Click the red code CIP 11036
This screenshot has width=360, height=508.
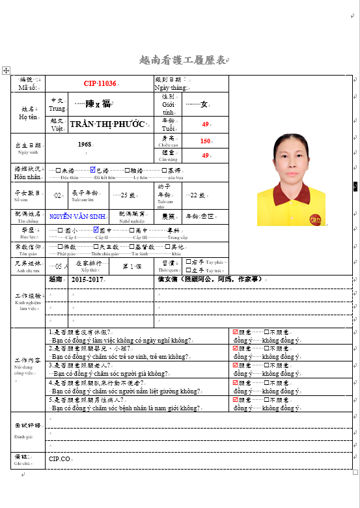100,83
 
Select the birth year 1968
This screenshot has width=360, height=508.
85,144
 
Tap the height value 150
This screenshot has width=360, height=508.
205,141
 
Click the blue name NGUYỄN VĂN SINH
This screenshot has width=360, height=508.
77,216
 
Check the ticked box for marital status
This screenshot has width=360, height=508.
93,169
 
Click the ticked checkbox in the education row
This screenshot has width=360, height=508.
95,230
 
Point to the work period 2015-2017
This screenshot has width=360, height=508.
87,279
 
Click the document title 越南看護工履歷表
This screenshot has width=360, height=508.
182,61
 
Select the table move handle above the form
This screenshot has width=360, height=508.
6,69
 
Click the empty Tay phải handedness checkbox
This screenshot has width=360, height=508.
188,262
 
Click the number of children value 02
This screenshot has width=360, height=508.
58,195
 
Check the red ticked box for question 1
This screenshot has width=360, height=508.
236,332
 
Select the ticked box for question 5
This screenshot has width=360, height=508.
236,400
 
